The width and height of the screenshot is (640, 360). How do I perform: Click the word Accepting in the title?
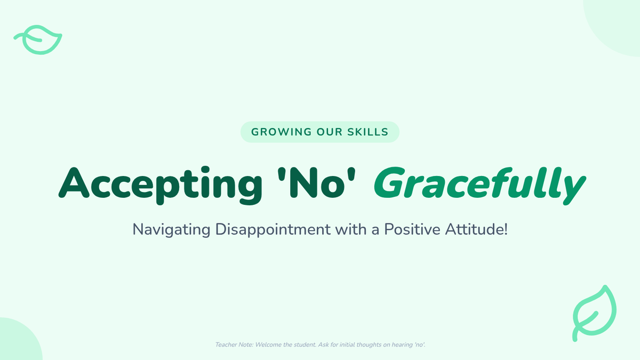click(161, 185)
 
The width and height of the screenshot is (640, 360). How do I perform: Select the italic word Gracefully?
click(480, 185)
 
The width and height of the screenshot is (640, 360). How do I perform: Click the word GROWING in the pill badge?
click(282, 132)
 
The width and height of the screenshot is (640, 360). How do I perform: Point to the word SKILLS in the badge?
click(367, 132)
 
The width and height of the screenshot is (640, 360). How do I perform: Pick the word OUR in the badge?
click(330, 132)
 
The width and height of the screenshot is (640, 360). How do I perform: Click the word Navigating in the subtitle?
click(171, 230)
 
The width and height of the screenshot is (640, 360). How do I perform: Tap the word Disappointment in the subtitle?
click(273, 230)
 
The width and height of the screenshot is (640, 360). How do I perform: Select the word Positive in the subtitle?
click(412, 229)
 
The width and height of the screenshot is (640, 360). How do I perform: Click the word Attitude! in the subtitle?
click(476, 229)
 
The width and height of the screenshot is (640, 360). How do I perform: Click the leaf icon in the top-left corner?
click(38, 39)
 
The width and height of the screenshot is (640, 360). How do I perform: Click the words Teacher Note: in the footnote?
click(234, 345)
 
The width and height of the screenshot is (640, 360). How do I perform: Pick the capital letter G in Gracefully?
click(389, 183)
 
